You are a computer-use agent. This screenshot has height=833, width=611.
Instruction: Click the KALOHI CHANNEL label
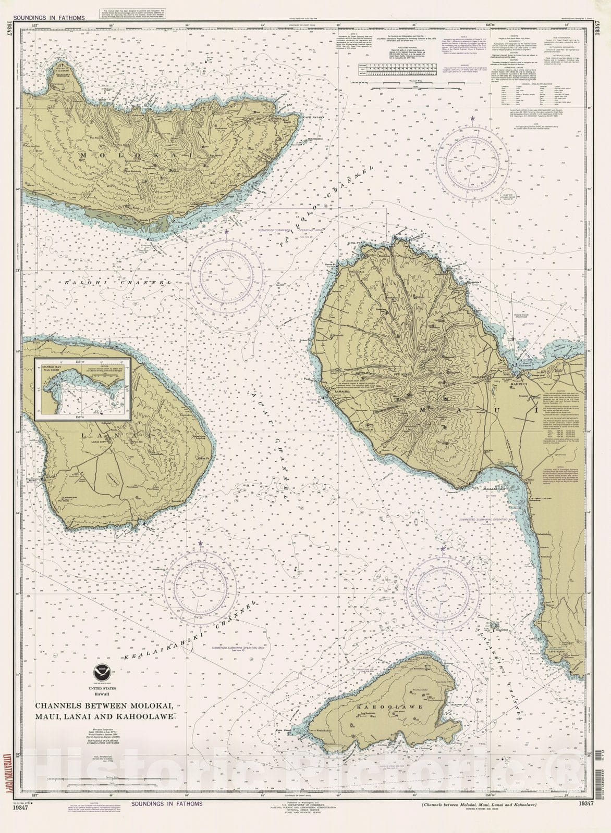119,282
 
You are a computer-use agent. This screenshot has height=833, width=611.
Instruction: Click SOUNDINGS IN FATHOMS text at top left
50,18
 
